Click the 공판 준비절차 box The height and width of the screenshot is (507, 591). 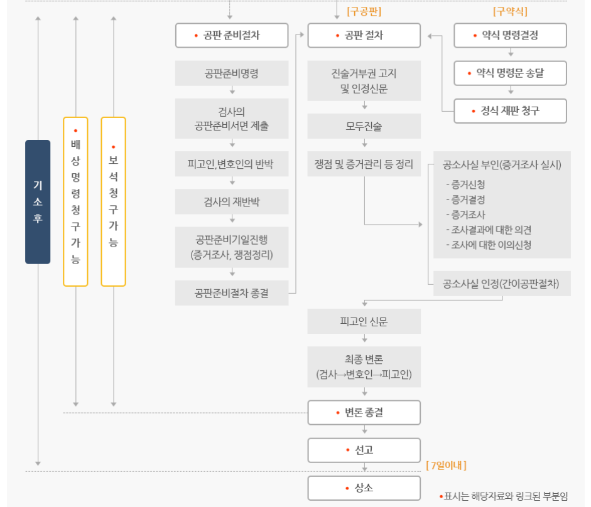coord(232,36)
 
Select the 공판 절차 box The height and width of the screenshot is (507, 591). coord(364,36)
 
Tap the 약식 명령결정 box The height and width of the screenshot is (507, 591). coord(510,36)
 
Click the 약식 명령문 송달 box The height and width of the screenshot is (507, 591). coord(510,73)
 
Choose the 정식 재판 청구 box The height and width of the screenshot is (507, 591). coord(510,111)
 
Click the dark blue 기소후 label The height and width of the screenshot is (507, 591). coord(38,201)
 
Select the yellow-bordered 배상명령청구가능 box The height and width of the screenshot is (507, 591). coord(75,201)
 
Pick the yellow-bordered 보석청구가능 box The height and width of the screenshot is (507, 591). coord(113,201)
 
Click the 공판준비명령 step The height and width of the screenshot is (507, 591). coord(232,73)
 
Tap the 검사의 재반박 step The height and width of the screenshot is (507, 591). coord(232,201)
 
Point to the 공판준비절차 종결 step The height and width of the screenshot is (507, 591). coord(232,293)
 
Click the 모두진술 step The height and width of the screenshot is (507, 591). coord(364,126)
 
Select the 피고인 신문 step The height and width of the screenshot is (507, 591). coord(364,321)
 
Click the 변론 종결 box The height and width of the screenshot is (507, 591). coord(364,413)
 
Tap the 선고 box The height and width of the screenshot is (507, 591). coord(364,450)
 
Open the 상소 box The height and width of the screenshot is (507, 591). coord(364,488)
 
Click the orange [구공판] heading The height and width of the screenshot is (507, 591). coord(364,11)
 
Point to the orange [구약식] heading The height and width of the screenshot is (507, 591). coord(510,11)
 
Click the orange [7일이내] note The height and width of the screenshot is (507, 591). coord(446,466)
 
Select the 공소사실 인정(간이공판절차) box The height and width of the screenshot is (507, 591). coord(502,284)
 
